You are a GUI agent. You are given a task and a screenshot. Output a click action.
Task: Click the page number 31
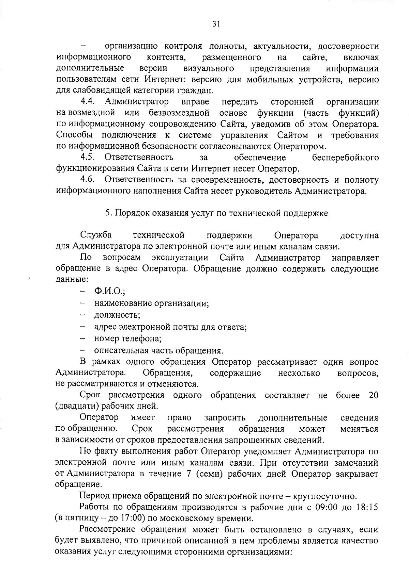(216, 23)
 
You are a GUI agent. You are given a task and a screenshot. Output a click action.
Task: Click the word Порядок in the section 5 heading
(131, 213)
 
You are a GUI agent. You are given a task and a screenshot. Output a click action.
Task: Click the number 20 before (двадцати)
(374, 395)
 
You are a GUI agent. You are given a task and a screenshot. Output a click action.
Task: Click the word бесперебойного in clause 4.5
(345, 158)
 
